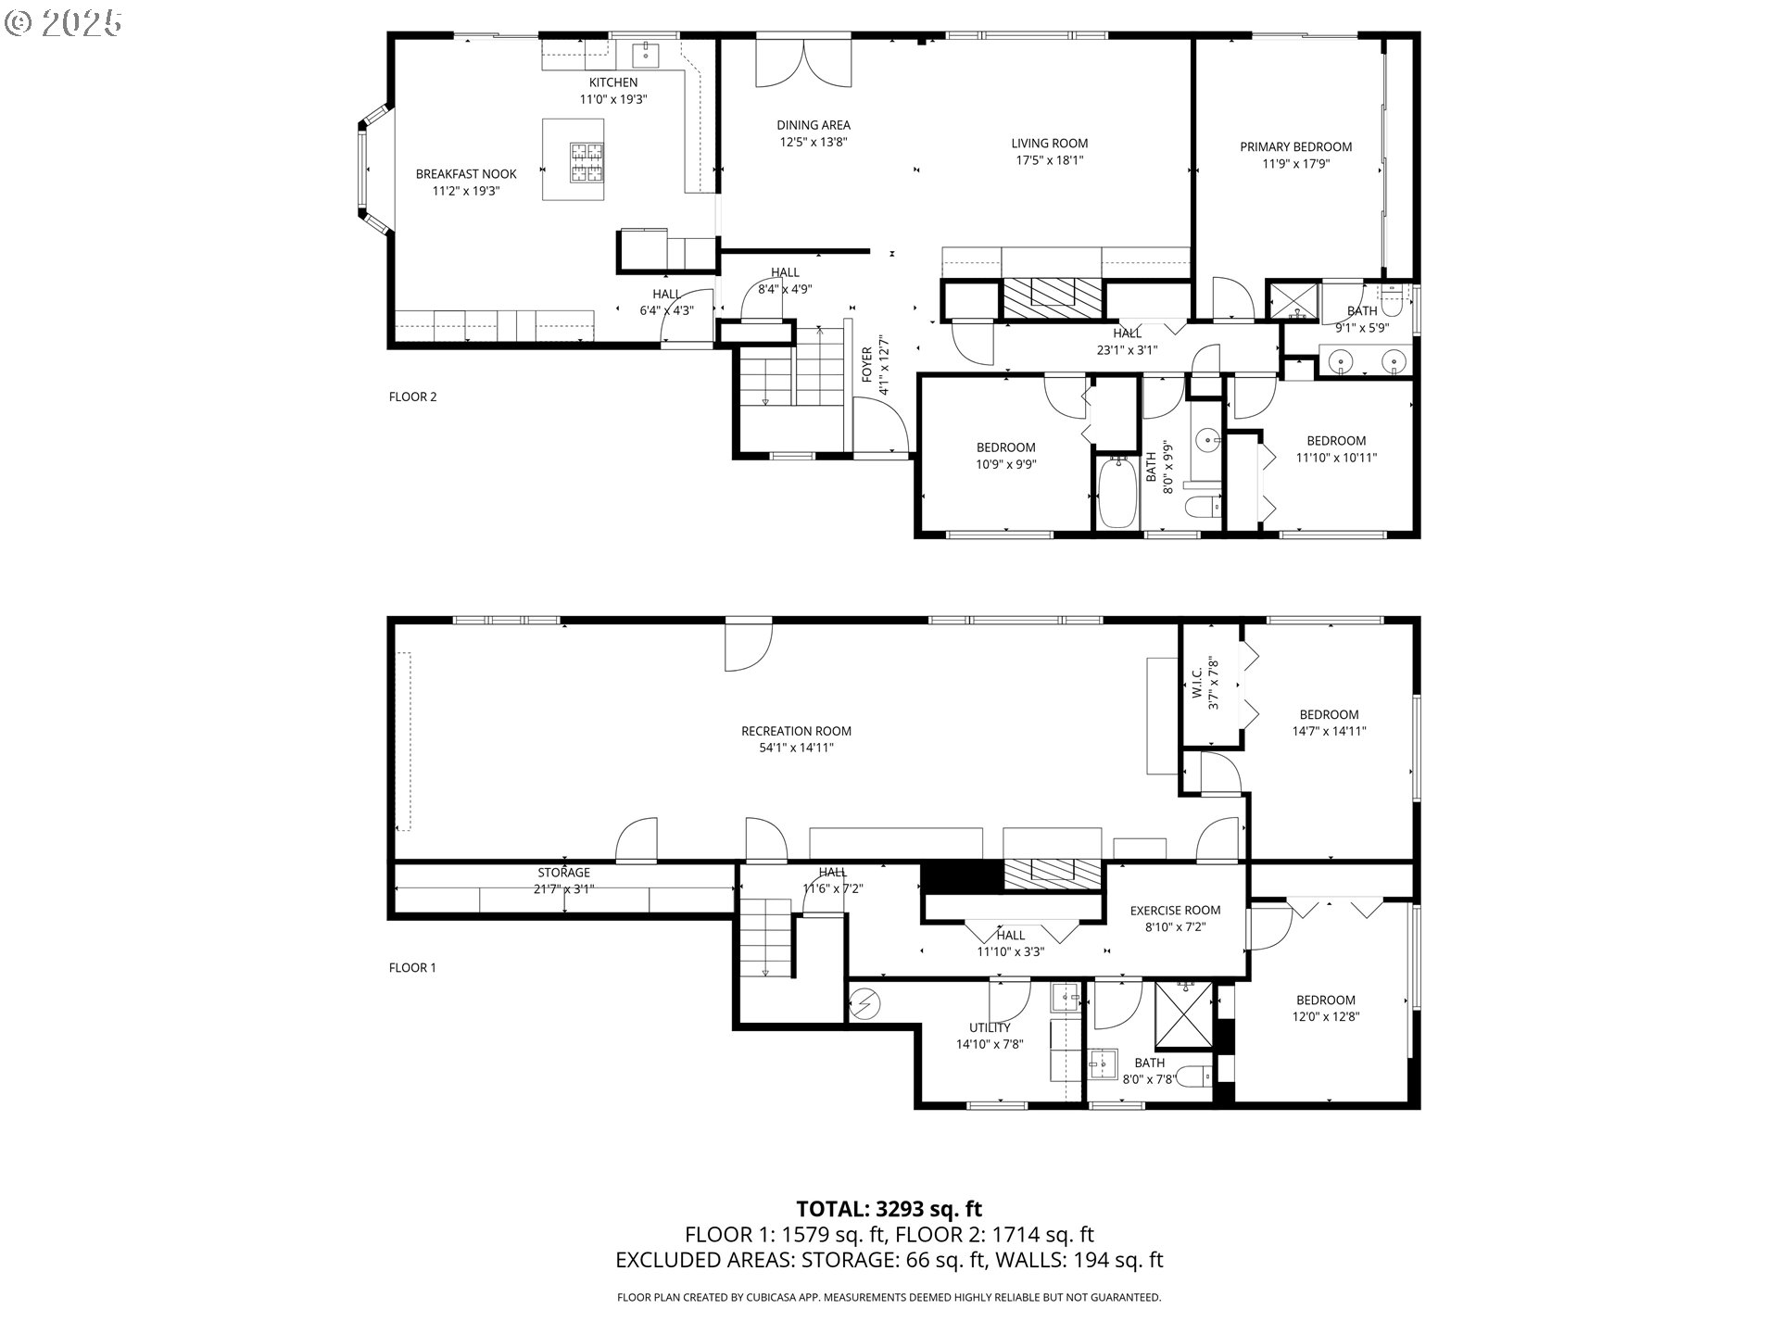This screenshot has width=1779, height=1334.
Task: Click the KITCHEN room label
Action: [x=612, y=82]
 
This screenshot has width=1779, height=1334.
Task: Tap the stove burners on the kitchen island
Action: [x=586, y=163]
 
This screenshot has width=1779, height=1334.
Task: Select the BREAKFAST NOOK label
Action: [x=466, y=173]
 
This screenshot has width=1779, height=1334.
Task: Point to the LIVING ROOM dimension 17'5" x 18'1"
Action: [x=1049, y=159]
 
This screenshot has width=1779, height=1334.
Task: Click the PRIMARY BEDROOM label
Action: [x=1295, y=146]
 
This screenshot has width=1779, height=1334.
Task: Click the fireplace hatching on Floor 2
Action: [x=1053, y=298]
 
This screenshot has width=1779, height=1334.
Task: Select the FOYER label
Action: [x=867, y=365]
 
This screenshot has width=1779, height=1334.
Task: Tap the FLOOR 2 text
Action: [x=412, y=396]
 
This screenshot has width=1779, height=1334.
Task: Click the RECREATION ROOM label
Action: [x=796, y=731]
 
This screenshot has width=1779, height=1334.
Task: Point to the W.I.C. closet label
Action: [x=1197, y=682]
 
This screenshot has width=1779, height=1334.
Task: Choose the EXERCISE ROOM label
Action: [x=1175, y=910]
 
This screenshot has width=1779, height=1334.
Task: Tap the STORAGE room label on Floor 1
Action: [x=563, y=872]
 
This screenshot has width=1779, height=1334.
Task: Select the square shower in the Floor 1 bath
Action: [x=1183, y=1013]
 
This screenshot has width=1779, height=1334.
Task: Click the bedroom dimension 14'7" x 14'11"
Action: [x=1329, y=731]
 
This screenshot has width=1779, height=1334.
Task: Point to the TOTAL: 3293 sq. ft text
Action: [x=889, y=1208]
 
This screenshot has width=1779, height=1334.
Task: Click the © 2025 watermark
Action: [x=63, y=22]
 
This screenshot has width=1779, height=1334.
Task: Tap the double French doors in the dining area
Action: [x=803, y=63]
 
